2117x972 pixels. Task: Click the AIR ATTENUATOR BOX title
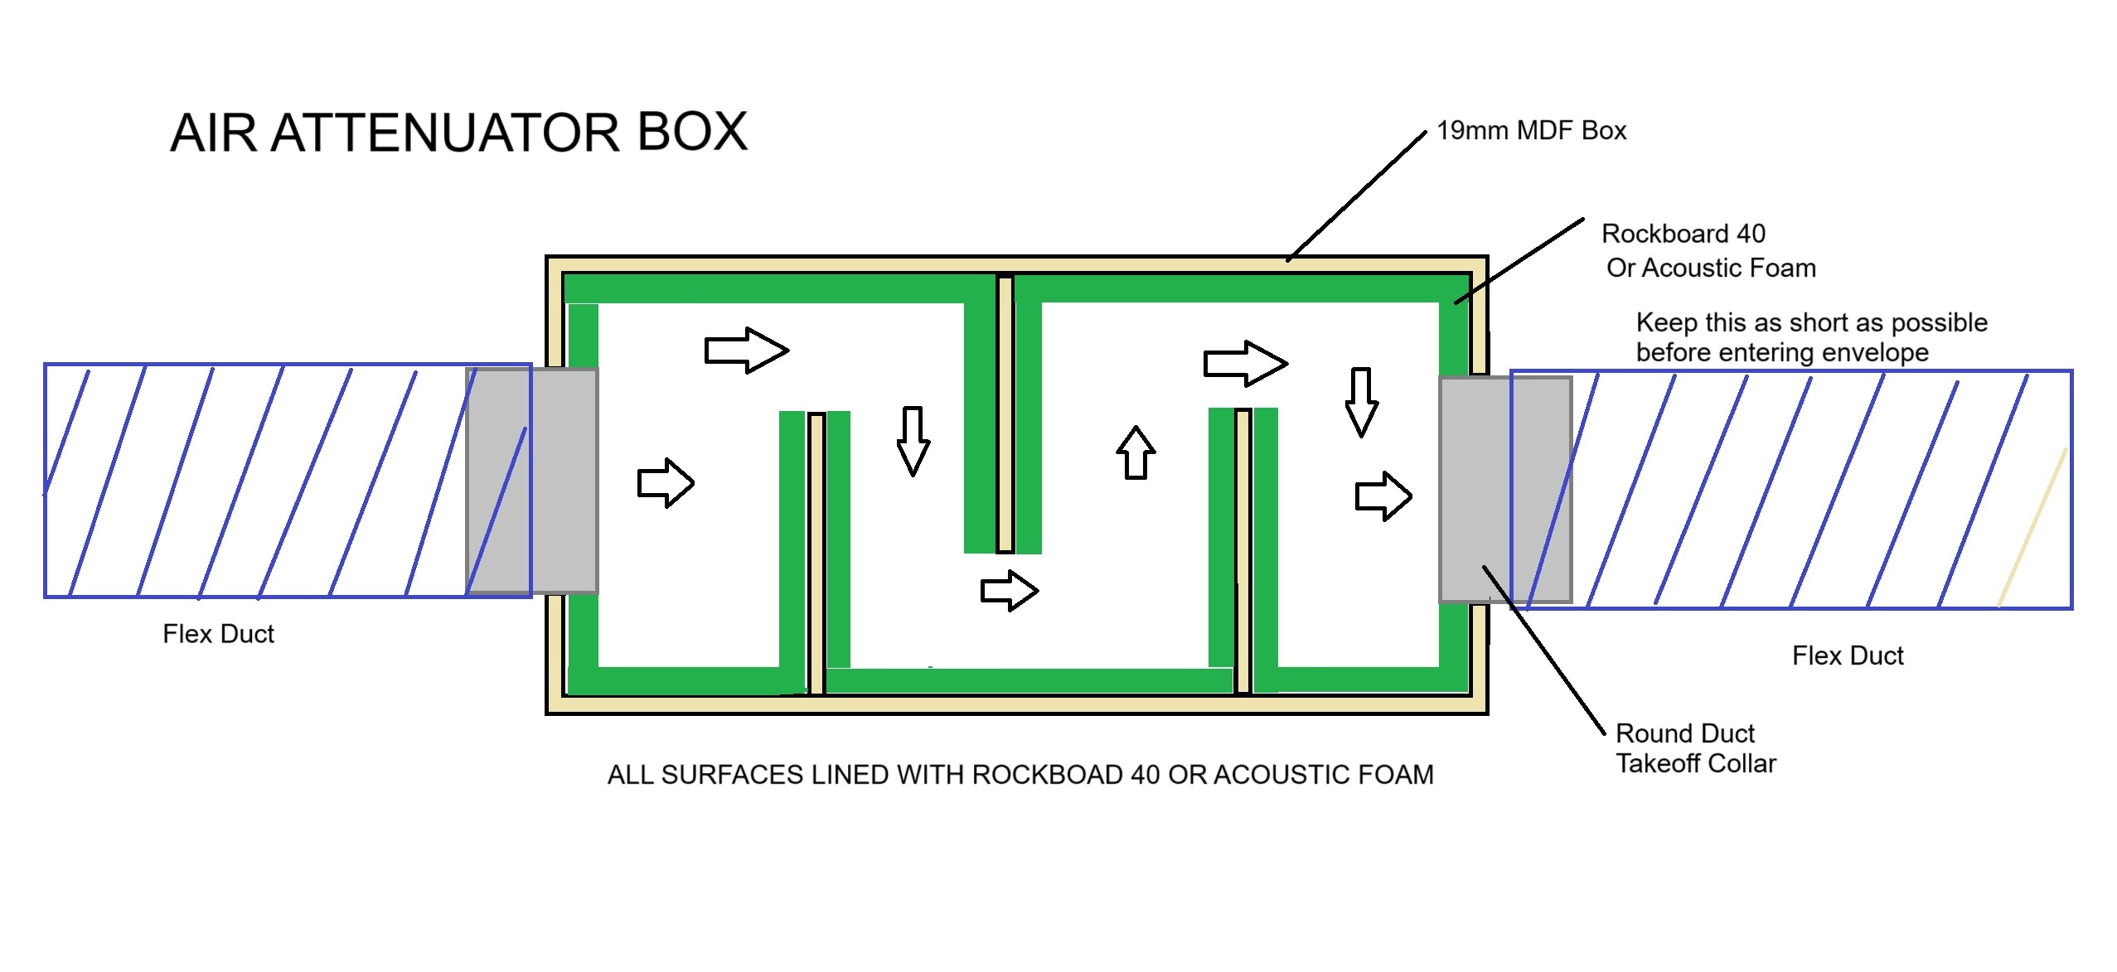point(458,133)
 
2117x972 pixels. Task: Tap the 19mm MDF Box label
point(1531,131)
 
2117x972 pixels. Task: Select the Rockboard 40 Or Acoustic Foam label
point(1708,250)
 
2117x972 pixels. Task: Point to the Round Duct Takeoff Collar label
point(1695,748)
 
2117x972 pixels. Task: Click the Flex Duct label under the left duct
point(218,634)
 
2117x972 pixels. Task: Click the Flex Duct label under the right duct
point(1847,655)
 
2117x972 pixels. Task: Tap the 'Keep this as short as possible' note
point(1810,337)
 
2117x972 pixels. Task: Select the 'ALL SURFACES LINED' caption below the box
point(1020,775)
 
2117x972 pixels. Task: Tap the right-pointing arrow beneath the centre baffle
point(1009,591)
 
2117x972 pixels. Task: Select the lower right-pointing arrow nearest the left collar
point(665,482)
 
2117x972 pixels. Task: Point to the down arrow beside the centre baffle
point(913,440)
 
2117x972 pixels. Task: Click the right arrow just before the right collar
point(1383,496)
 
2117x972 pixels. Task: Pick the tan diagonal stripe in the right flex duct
point(2032,527)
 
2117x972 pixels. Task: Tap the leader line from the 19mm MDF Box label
point(1356,196)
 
